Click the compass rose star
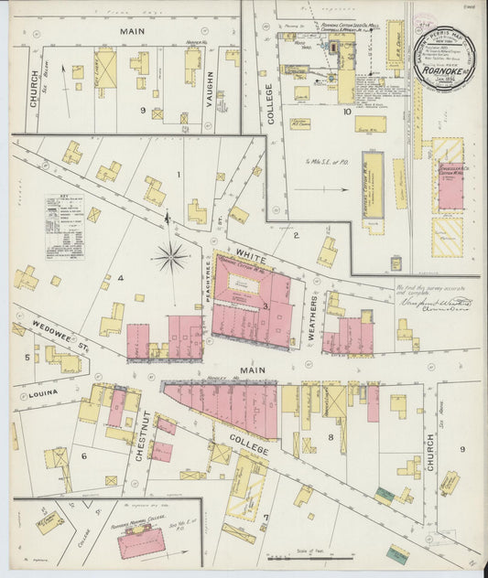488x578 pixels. (x=170, y=257)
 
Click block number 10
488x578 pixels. (x=346, y=112)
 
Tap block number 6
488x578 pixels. (x=83, y=455)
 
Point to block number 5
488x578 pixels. (x=27, y=358)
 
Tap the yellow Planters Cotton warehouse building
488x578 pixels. (x=372, y=186)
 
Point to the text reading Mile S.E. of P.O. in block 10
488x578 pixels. (x=325, y=161)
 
